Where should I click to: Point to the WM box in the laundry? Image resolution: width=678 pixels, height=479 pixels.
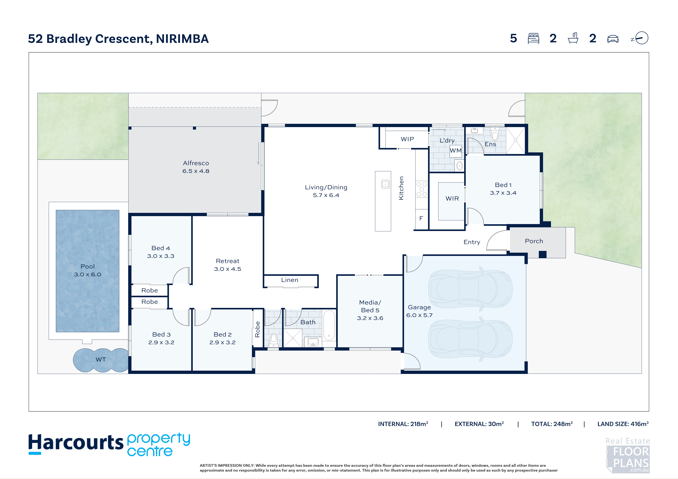[456, 151]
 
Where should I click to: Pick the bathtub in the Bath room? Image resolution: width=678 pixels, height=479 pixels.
[329, 325]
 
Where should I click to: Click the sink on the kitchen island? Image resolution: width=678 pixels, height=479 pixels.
[385, 184]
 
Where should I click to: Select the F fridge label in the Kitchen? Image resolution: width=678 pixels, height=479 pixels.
[421, 218]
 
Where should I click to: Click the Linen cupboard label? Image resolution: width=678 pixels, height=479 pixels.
[290, 280]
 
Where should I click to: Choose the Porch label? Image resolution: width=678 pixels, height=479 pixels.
[534, 241]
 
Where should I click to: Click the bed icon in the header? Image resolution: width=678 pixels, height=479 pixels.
[533, 38]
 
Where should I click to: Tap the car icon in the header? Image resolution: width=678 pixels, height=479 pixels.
[613, 39]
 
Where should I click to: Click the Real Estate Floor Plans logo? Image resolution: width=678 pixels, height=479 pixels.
[628, 455]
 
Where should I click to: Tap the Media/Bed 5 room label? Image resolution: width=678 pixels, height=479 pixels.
[370, 310]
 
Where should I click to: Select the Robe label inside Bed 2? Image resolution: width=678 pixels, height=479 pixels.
[258, 330]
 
